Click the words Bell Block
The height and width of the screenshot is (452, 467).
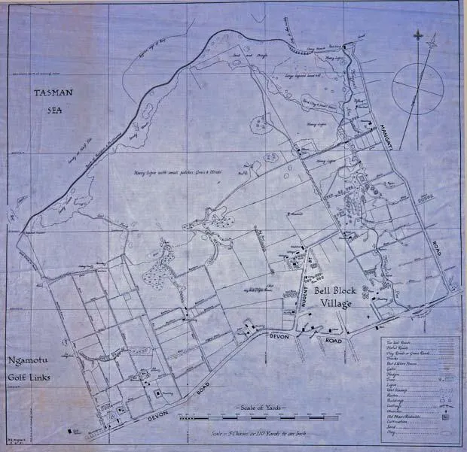coord(340,290)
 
